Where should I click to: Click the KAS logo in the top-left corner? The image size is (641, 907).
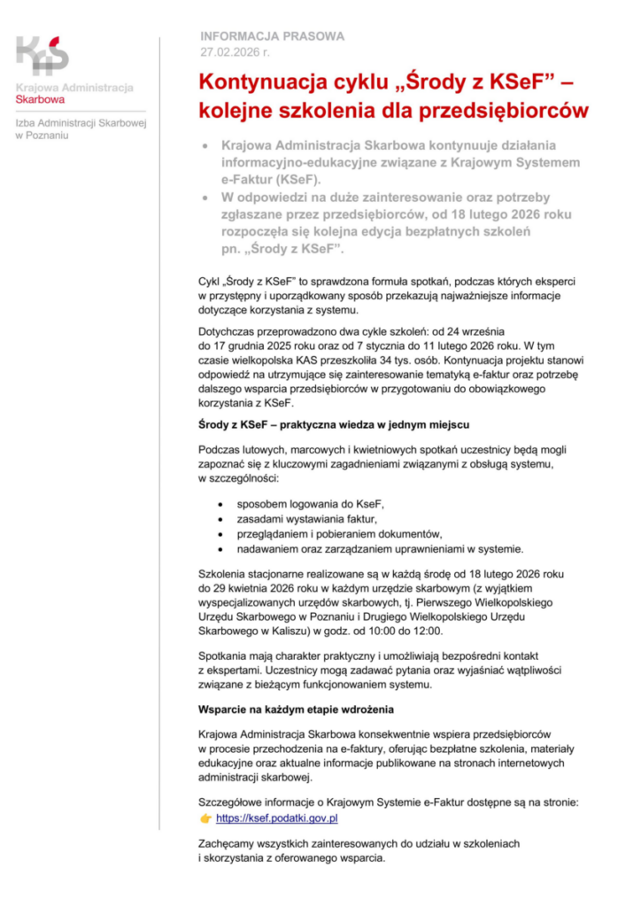point(42,55)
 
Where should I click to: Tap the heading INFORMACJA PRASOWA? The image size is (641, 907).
point(273,36)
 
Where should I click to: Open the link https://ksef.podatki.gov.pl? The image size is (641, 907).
point(277,818)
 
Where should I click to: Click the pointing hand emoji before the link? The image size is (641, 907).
point(205,818)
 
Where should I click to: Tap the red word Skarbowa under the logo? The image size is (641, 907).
point(40,99)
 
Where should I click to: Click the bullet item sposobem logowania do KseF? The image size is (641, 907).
point(311,502)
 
